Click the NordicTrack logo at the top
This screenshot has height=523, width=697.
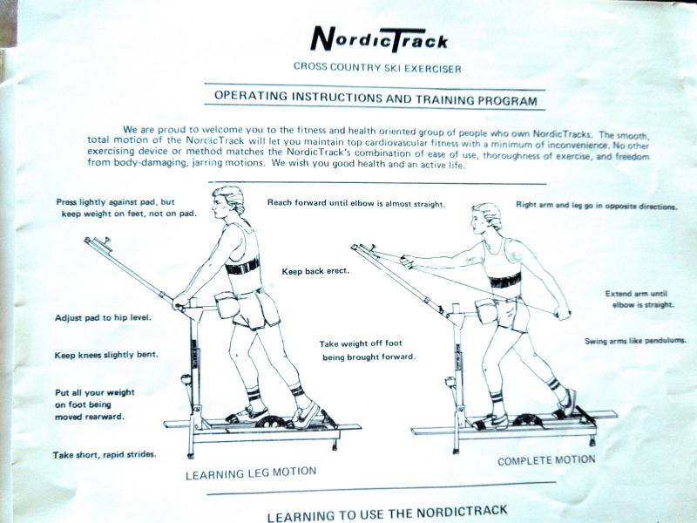[379, 39]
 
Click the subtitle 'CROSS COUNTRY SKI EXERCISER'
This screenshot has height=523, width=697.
[377, 68]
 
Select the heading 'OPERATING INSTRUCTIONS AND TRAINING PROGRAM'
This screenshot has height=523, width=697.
[376, 98]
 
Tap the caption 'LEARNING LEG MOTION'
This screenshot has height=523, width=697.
[251, 473]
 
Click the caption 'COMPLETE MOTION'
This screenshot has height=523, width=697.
[546, 460]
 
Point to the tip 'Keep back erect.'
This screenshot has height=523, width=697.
[315, 271]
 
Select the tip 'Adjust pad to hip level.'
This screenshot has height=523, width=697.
[103, 317]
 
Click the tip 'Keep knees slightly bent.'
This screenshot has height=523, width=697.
[106, 355]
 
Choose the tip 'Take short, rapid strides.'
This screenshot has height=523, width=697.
[105, 454]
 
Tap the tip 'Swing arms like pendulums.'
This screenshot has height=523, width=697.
[635, 341]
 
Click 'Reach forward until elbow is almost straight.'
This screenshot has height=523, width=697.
[356, 203]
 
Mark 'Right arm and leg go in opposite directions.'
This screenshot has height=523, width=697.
[597, 206]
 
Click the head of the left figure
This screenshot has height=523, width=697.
[228, 201]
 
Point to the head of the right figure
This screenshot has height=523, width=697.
[486, 218]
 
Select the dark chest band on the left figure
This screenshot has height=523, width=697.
[242, 267]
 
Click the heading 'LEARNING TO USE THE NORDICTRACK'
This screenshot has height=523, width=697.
[387, 513]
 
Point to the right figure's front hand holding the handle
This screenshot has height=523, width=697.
[407, 261]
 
